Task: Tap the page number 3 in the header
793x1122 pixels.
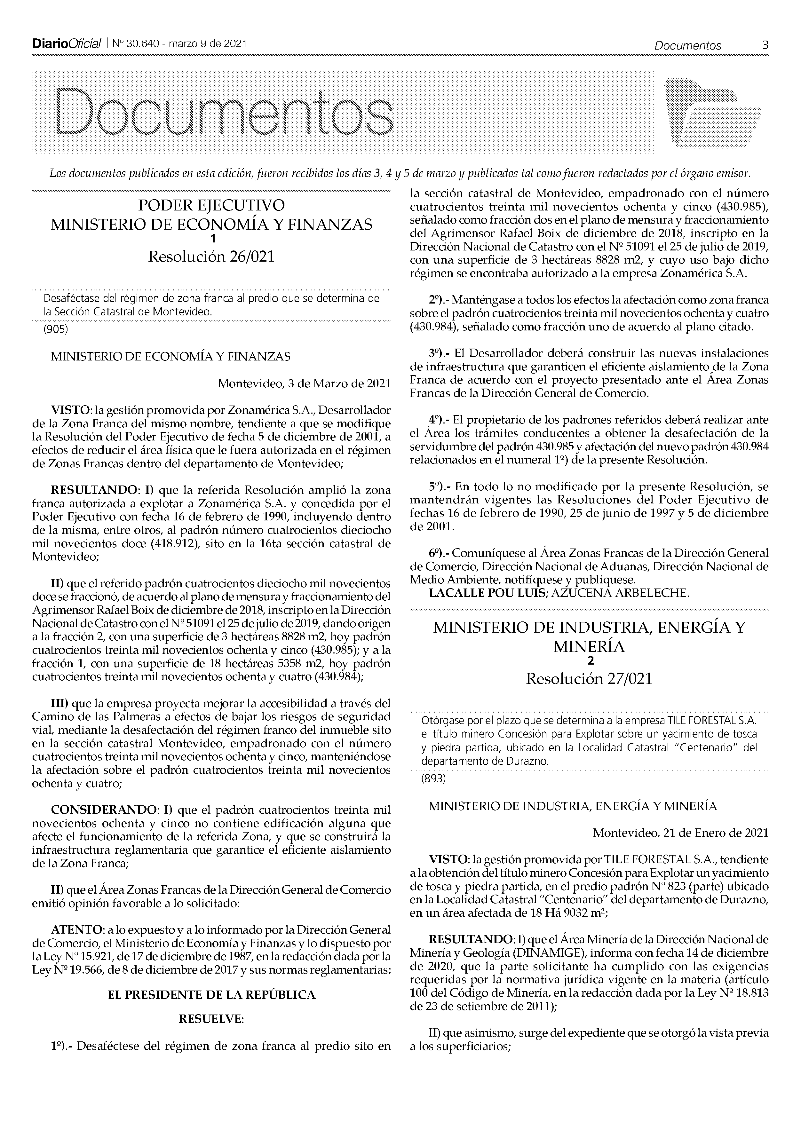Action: (765, 45)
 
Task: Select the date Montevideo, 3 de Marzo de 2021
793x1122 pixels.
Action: (304, 383)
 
